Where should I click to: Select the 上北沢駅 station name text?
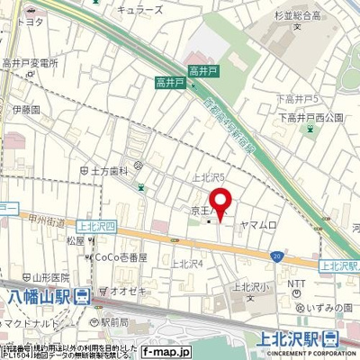coord(293,339)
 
